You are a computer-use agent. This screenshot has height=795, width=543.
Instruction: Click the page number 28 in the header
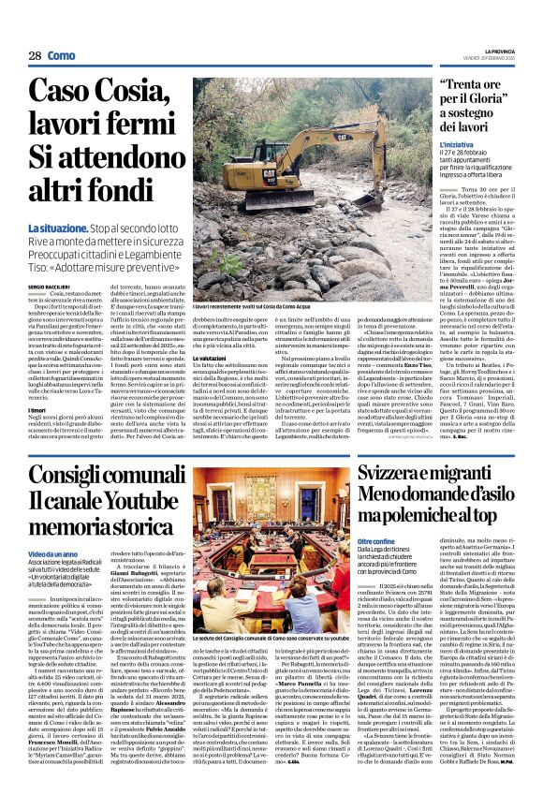click(35, 56)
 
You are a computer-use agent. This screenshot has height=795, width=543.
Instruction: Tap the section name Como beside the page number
click(63, 56)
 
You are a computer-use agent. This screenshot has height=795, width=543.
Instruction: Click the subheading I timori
click(38, 410)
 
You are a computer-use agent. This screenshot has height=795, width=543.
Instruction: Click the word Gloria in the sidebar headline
click(488, 100)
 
